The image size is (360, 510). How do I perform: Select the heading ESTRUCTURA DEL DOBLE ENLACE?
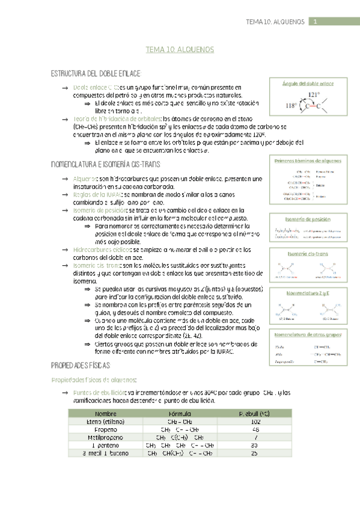pyautogui.click(x=96, y=73)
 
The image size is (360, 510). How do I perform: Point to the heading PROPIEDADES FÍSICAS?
pyautogui.click(x=81, y=366)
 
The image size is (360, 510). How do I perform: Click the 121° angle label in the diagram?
pyautogui.click(x=313, y=95)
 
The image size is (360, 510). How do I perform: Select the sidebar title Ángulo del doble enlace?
pyautogui.click(x=308, y=84)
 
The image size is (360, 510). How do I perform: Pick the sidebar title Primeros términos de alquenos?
pyautogui.click(x=308, y=161)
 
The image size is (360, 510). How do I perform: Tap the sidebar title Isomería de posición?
pyautogui.click(x=308, y=219)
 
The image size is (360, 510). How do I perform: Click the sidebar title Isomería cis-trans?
pyautogui.click(x=308, y=254)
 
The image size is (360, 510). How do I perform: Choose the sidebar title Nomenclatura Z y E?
pyautogui.click(x=308, y=293)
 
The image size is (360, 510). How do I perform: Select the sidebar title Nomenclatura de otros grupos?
pyautogui.click(x=308, y=334)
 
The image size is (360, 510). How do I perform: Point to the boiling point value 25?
pyautogui.click(x=255, y=453)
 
